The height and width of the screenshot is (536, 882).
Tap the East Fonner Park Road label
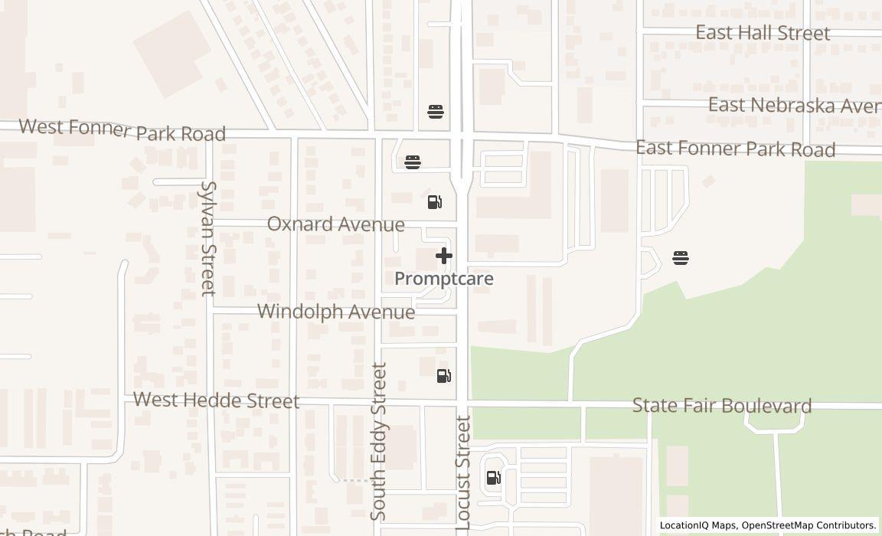point(735,149)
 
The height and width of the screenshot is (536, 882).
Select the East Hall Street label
point(763,33)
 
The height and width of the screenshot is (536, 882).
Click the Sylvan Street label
point(207,238)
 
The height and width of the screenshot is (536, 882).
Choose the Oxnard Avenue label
point(335,224)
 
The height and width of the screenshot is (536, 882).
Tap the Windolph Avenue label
point(336,312)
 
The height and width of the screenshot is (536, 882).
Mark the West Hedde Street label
point(216,400)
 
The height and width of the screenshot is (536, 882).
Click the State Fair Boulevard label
point(722,405)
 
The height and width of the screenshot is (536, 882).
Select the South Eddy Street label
point(379,442)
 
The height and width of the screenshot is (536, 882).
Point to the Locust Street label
point(463,472)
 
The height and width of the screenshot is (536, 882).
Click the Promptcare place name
point(444,279)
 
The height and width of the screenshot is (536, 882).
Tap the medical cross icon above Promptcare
point(444,256)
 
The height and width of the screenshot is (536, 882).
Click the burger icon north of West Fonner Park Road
point(436,112)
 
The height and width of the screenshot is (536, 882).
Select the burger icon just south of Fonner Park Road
point(413,162)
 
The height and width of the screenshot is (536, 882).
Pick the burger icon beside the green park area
point(681,258)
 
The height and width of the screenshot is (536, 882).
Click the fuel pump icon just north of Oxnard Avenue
point(434,202)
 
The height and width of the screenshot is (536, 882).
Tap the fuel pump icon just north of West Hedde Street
point(444,376)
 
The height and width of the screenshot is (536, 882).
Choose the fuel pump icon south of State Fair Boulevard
point(494,479)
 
